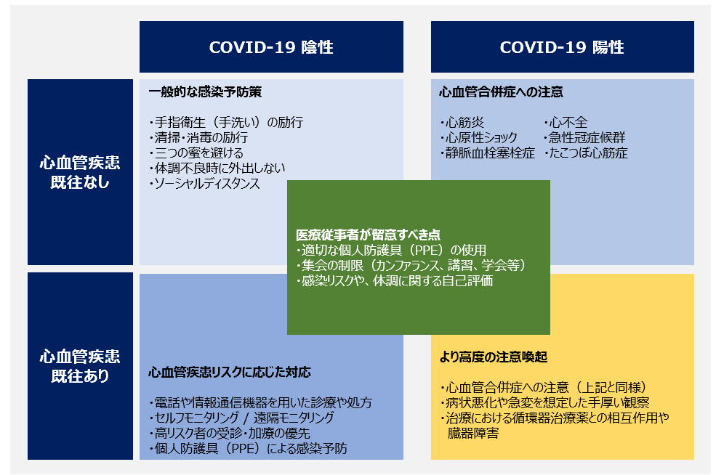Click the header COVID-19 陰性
271,47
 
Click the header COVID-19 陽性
562,47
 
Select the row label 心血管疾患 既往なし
80,172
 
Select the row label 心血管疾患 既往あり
80,366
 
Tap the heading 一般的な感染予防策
205,92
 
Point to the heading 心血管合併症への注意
501,92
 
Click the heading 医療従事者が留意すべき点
368,235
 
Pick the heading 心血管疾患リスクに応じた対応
229,372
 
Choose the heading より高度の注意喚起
493,357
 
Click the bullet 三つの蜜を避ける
196,153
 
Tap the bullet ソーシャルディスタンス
204,183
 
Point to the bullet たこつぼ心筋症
586,153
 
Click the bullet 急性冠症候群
584,137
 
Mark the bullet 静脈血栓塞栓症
488,153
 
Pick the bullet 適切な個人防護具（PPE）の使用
391,250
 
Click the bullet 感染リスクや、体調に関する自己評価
395,280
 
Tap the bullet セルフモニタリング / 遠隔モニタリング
241,418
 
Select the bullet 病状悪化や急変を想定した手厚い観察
544,402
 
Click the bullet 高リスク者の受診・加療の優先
230,433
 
